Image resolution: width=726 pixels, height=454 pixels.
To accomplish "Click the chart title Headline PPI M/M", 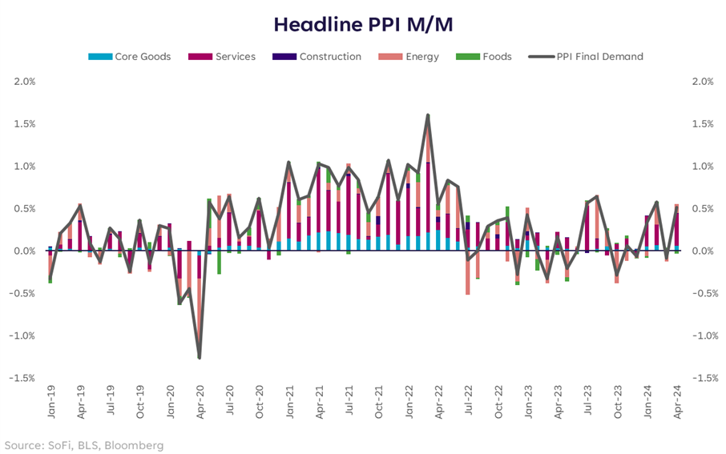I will (363, 24).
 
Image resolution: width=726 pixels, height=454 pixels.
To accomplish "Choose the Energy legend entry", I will (421, 57).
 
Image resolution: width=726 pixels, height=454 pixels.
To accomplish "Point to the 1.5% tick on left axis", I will (24, 124).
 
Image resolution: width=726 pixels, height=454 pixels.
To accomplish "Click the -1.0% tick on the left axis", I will (22, 335).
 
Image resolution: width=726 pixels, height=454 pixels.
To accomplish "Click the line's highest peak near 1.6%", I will (428, 115).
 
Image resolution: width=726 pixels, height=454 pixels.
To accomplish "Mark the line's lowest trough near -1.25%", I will (199, 357).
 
